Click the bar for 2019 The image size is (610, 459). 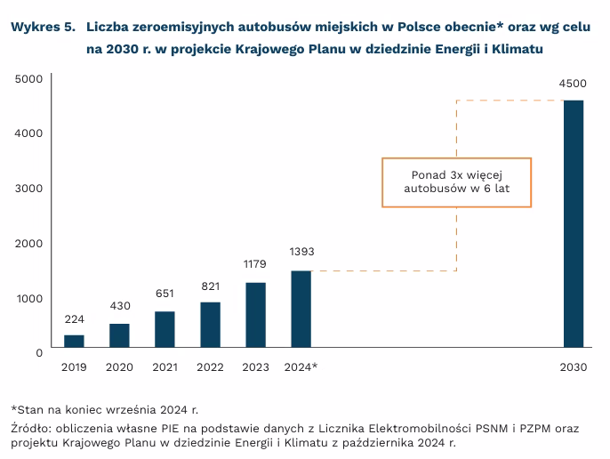tap(74, 341)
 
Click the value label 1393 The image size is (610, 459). tap(301, 252)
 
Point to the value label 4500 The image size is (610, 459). tap(573, 84)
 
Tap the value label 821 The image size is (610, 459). tap(210, 286)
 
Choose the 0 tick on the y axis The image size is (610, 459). tap(38, 352)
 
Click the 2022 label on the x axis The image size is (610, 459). tap(210, 367)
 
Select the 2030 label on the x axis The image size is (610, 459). tap(574, 367)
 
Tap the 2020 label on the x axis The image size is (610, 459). tap(119, 367)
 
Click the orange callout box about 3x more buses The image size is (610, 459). tap(456, 182)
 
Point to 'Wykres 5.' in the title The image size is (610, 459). tap(41, 27)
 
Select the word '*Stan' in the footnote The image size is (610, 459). tap(28, 409)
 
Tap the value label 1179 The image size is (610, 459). tap(255, 264)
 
